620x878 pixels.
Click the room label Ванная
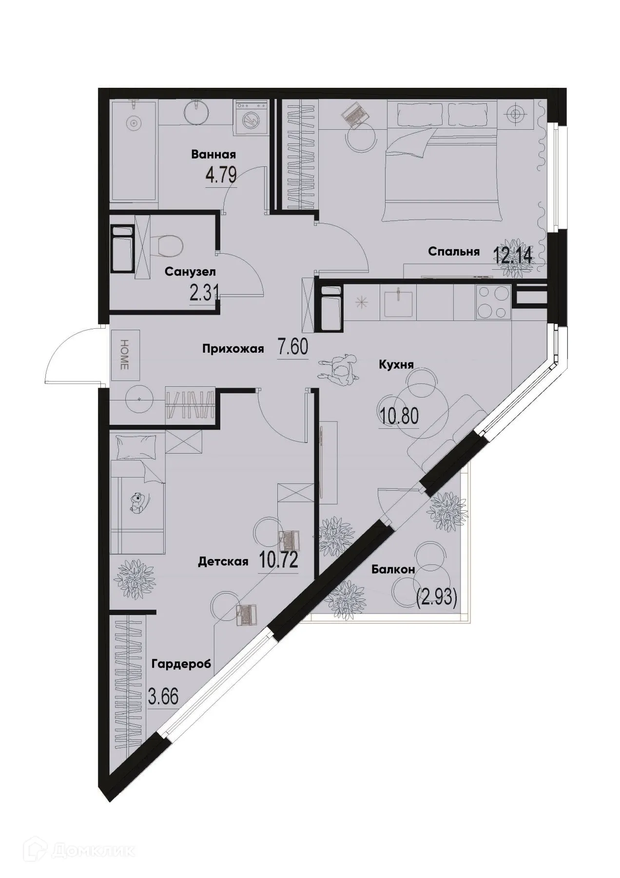[213, 155]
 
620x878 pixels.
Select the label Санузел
[190, 271]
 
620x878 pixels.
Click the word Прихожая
[233, 349]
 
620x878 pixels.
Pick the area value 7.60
[293, 348]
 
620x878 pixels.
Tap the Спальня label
[454, 252]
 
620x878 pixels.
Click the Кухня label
[396, 364]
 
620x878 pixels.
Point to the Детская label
[223, 562]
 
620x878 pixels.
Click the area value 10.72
[278, 561]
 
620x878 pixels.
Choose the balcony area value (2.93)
[436, 598]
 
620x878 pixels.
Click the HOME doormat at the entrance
[124, 354]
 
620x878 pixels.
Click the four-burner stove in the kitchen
[492, 301]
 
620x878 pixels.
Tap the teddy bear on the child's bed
[137, 503]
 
